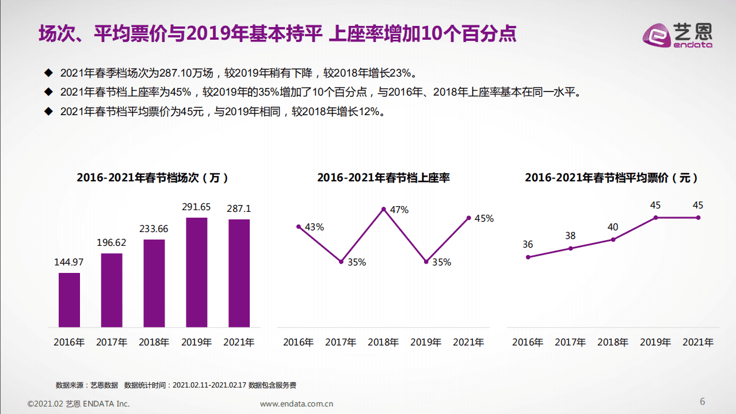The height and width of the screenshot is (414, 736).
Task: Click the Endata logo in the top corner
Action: pyautogui.click(x=677, y=34)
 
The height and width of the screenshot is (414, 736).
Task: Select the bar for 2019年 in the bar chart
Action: pyautogui.click(x=197, y=272)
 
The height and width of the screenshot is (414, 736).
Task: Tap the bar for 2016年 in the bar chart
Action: pyautogui.click(x=69, y=300)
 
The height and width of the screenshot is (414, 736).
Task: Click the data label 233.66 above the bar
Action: pyautogui.click(x=154, y=229)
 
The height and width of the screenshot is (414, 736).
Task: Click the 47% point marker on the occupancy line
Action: pyautogui.click(x=383, y=209)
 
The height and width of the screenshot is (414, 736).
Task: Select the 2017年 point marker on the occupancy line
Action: pyautogui.click(x=341, y=261)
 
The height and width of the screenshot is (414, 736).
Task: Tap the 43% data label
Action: pyautogui.click(x=314, y=227)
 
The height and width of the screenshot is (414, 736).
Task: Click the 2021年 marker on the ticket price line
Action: pyautogui.click(x=698, y=218)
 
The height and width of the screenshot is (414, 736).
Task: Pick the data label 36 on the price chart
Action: pyautogui.click(x=528, y=244)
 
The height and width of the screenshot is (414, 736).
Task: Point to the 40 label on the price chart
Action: pyautogui.click(x=613, y=227)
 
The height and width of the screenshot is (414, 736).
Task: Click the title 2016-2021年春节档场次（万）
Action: pyautogui.click(x=154, y=178)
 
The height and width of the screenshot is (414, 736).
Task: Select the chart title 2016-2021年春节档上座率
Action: pyautogui.click(x=383, y=178)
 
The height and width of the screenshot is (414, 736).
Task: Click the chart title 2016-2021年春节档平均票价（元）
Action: pyautogui.click(x=612, y=178)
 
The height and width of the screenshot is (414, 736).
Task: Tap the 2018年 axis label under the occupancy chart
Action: pyautogui.click(x=383, y=342)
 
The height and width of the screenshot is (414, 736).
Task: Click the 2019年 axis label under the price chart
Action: pyautogui.click(x=655, y=342)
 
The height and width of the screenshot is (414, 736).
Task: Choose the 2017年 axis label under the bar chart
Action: pyautogui.click(x=112, y=342)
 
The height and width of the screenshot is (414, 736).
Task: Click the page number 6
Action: pyautogui.click(x=702, y=401)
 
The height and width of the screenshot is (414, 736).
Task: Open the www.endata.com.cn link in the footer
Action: pyautogui.click(x=296, y=404)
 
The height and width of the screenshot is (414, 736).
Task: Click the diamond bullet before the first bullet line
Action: pyautogui.click(x=48, y=73)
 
